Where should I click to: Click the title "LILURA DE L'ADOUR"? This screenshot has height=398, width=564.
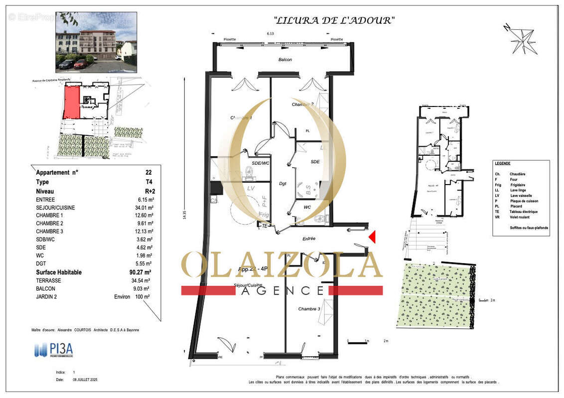pyautogui.click(x=334, y=20)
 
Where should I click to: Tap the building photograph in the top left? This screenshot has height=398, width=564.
pyautogui.click(x=96, y=42)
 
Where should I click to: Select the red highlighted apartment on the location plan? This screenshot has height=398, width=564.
pyautogui.click(x=72, y=101)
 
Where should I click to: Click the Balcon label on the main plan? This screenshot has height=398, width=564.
pyautogui.click(x=285, y=60)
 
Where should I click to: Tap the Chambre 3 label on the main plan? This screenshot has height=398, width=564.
pyautogui.click(x=309, y=309)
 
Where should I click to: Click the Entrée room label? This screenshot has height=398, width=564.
pyautogui.click(x=309, y=239)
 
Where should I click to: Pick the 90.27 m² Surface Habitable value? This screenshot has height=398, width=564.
pyautogui.click(x=141, y=272)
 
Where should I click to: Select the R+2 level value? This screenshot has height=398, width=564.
pyautogui.click(x=146, y=192)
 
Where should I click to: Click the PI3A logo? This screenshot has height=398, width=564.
pyautogui.click(x=54, y=350)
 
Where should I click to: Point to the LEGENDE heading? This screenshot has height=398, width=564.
pyautogui.click(x=503, y=163)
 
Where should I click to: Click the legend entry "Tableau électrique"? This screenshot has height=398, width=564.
pyautogui.click(x=523, y=212)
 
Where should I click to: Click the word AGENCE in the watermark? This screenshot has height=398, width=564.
pyautogui.click(x=282, y=291)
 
